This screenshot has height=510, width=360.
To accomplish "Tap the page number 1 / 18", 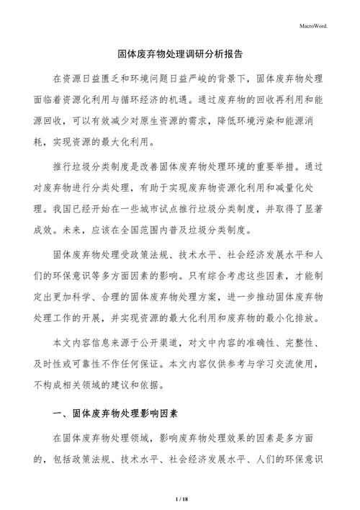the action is click(x=180, y=498).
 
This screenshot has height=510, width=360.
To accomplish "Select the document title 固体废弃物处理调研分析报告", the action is click(x=180, y=54).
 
